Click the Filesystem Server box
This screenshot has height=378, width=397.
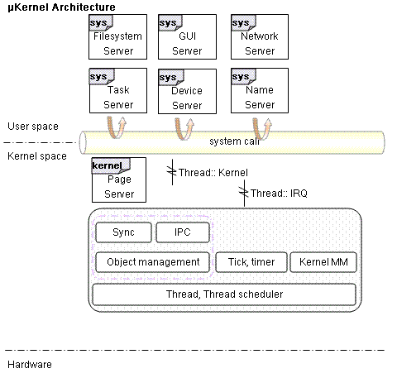click(x=117, y=37)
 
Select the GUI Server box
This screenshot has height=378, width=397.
click(x=187, y=37)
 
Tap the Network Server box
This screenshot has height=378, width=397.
click(x=260, y=37)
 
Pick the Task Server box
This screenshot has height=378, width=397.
click(x=118, y=91)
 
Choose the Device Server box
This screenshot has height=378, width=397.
click(x=187, y=91)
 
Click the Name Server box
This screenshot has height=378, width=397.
click(x=260, y=91)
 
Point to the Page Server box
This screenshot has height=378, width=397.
click(x=119, y=180)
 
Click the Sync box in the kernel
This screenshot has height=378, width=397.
click(x=123, y=232)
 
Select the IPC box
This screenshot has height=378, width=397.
click(x=183, y=232)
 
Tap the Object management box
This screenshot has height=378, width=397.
click(x=152, y=262)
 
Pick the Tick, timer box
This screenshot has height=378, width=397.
click(x=251, y=262)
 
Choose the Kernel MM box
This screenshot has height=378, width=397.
click(x=323, y=262)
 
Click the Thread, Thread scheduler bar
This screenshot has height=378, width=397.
click(x=224, y=294)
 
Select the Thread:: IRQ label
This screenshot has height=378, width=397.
click(x=279, y=194)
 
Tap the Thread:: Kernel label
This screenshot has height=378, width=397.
click(x=213, y=173)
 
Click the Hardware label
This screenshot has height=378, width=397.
click(x=30, y=365)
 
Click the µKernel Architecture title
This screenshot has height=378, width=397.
click(x=61, y=7)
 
